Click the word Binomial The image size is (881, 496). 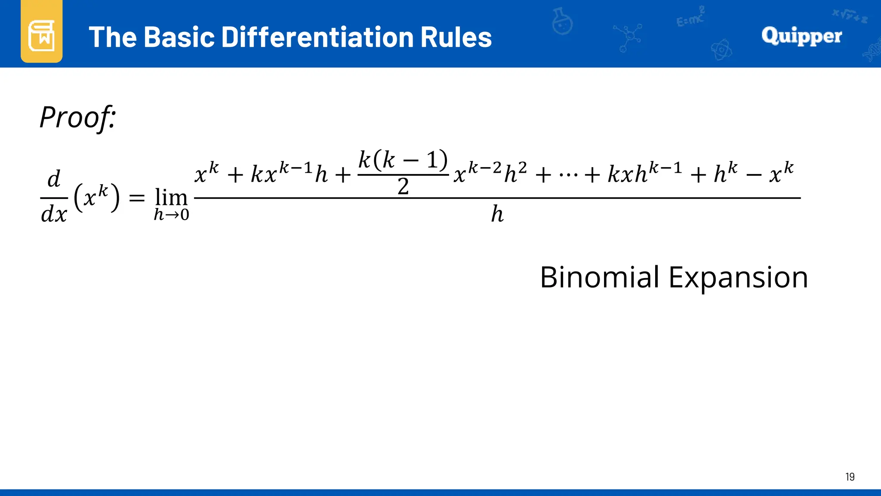(x=600, y=277)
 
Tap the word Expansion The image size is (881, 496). (x=738, y=278)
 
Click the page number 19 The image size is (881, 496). (x=850, y=477)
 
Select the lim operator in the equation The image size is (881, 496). (x=171, y=198)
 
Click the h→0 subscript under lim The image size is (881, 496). (x=171, y=214)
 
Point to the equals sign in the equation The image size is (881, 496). (x=137, y=198)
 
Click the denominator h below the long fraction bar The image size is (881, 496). (x=497, y=214)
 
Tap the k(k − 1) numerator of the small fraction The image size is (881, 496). (x=403, y=160)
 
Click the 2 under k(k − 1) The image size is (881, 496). (x=403, y=187)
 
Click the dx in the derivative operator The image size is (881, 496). (x=54, y=214)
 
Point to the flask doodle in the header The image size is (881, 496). (x=562, y=22)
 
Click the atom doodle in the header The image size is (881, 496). (x=721, y=50)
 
